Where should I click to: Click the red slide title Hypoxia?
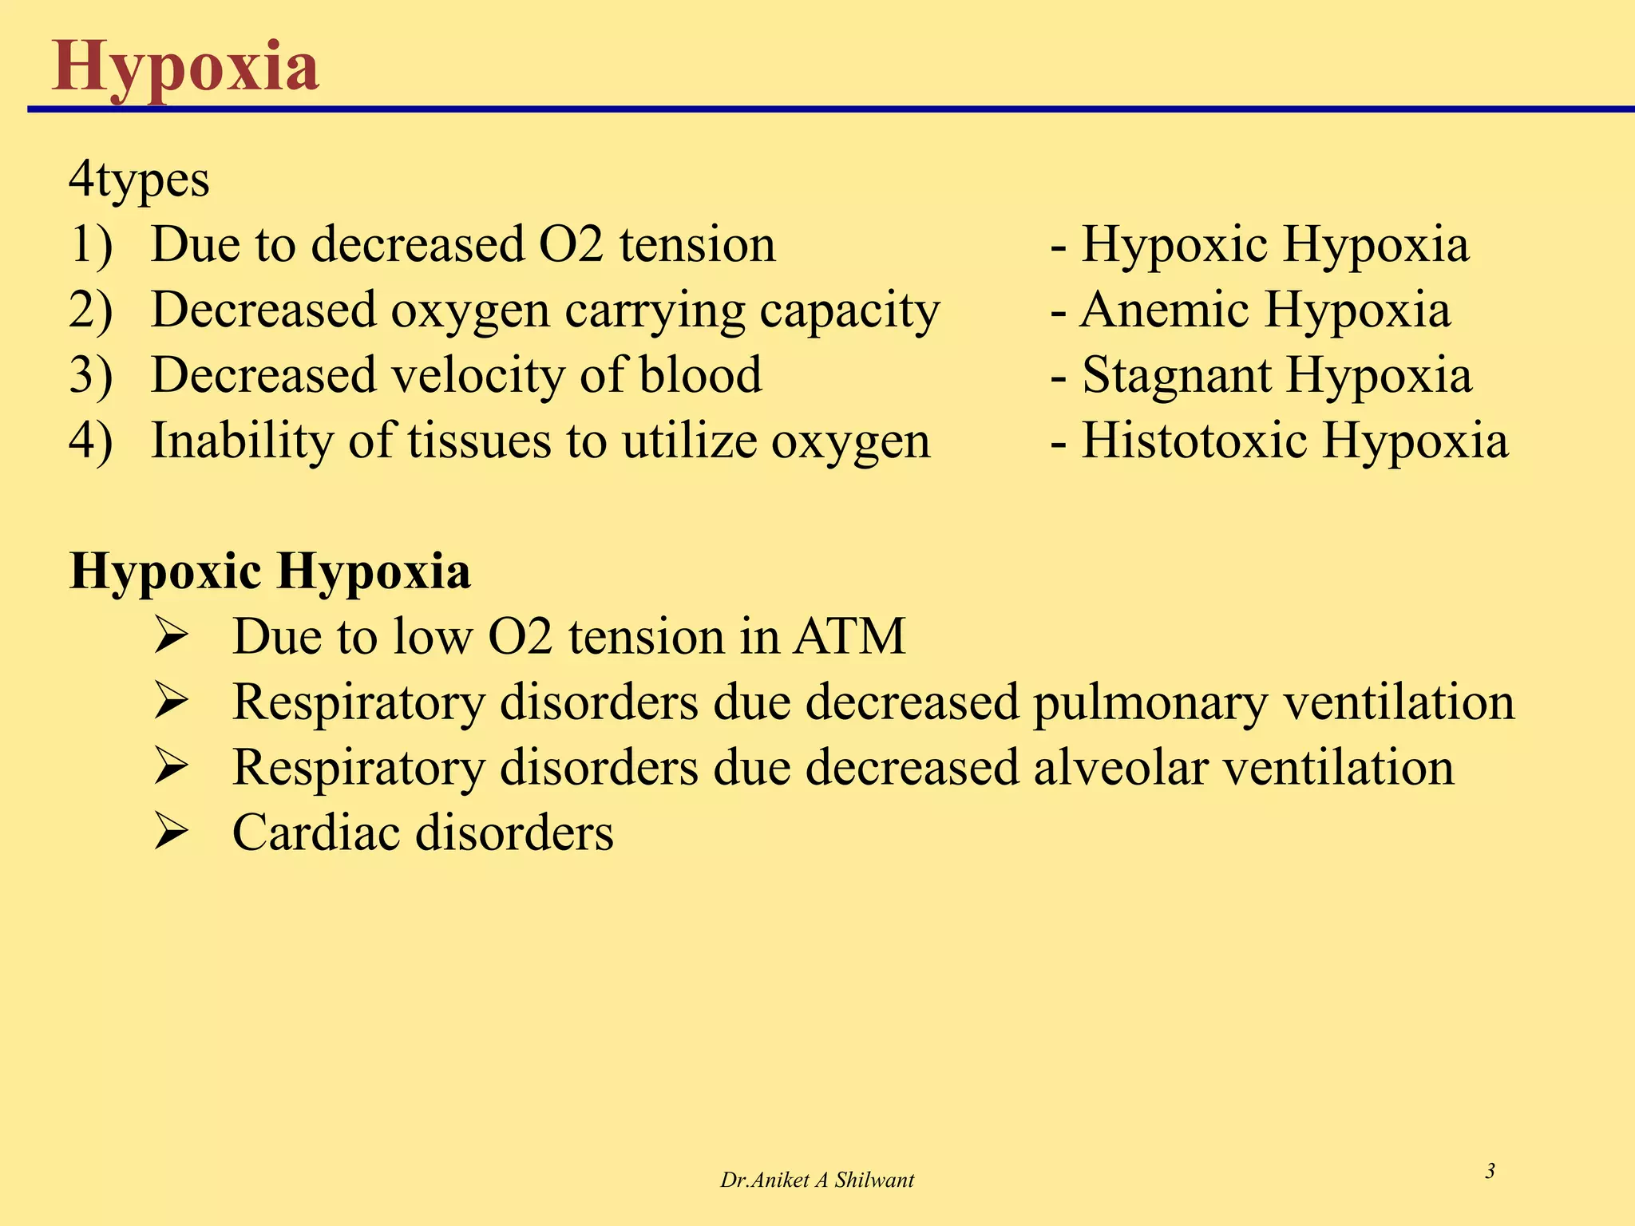point(185,68)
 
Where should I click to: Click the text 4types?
point(139,180)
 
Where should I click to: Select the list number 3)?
point(91,375)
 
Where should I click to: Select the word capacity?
point(849,311)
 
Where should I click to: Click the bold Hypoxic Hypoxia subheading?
point(270,572)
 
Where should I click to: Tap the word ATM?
point(849,637)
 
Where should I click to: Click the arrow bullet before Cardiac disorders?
point(171,833)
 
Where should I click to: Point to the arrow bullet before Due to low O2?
point(171,638)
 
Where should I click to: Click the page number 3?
point(1490,1172)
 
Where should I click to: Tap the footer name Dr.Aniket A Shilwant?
point(817,1181)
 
